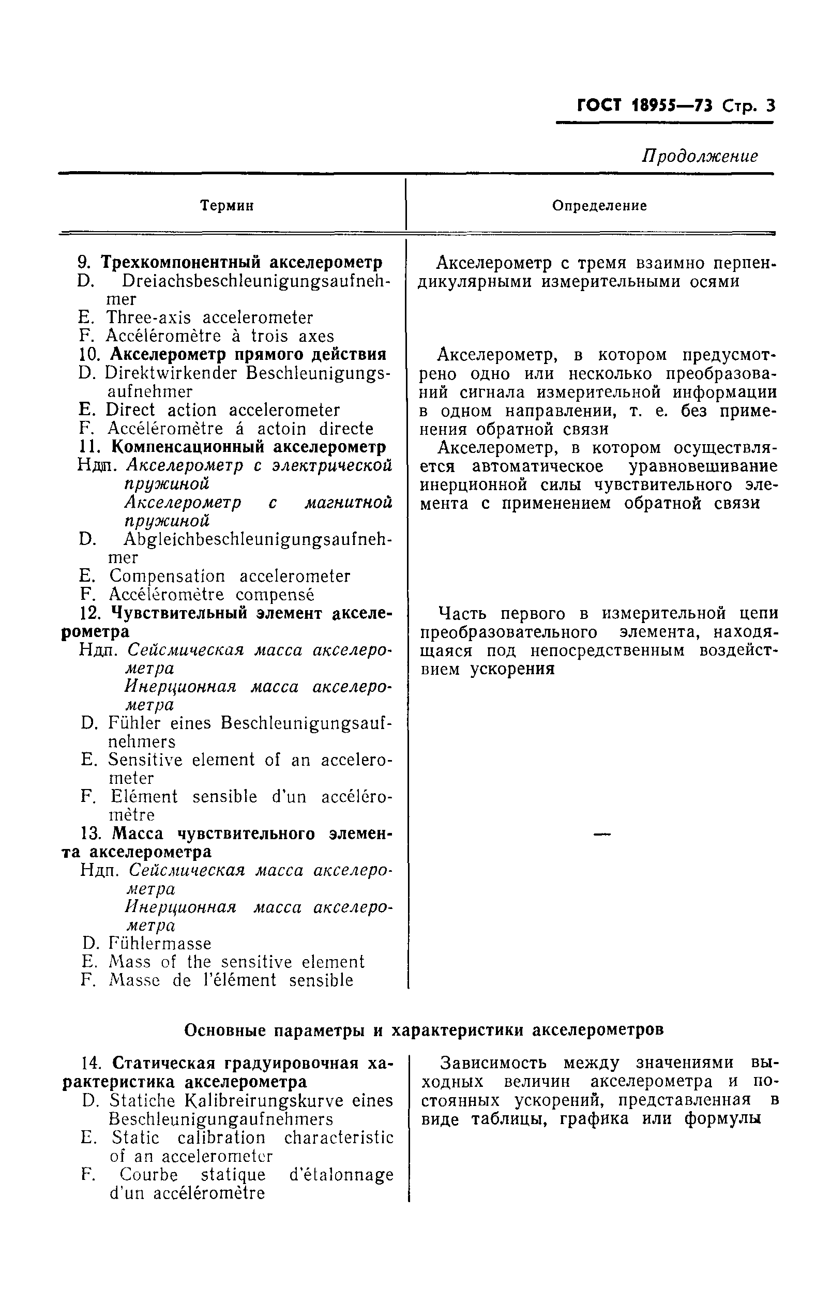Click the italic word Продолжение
699,157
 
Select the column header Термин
227,206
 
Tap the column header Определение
599,206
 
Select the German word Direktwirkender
171,373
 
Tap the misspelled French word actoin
282,429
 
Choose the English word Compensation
167,575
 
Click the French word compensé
275,594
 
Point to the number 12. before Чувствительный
92,613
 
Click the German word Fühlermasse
160,943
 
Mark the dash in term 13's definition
602,835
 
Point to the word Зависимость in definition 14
493,1063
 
